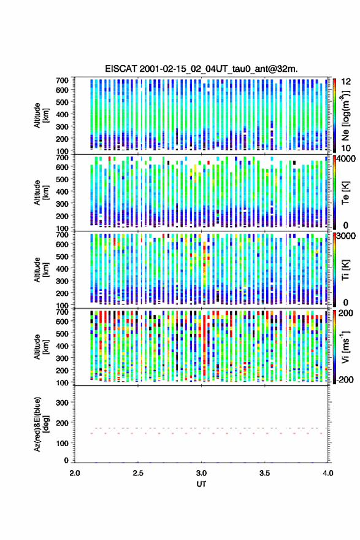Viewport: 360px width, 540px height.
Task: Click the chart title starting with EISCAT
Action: pos(201,69)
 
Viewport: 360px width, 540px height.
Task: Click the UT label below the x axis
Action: pos(201,484)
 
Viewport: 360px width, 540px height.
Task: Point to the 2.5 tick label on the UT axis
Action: pos(138,473)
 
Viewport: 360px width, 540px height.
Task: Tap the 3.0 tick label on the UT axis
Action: pos(201,473)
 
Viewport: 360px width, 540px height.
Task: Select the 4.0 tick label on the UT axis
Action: pos(328,473)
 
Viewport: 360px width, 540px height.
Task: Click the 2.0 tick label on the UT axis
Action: pos(75,473)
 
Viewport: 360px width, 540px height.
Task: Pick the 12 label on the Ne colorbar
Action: pos(347,82)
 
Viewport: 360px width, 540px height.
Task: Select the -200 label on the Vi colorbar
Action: pos(345,379)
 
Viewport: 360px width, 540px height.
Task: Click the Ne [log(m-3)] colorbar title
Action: pos(345,116)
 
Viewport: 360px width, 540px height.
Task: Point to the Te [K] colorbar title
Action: pos(346,192)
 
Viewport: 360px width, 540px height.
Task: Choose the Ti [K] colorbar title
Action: pos(346,269)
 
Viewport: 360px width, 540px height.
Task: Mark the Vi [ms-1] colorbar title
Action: pos(345,347)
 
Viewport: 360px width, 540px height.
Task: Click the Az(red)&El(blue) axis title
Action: pos(41,424)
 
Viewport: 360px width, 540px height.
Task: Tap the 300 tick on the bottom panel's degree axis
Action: pos(63,403)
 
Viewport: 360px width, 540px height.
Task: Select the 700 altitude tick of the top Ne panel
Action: pos(63,80)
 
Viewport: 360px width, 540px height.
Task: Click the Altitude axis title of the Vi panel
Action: pos(41,347)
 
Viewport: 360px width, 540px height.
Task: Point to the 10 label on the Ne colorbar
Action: pos(347,148)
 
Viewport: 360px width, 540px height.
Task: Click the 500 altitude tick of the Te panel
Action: pos(63,179)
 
